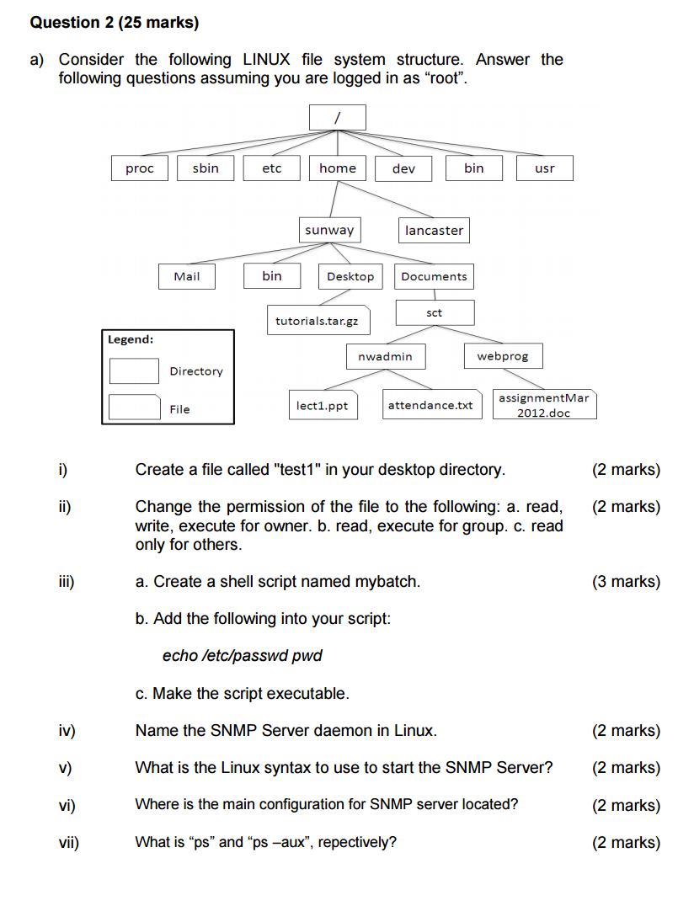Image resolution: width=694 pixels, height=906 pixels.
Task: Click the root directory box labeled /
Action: [337, 118]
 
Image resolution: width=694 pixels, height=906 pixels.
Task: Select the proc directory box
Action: [140, 168]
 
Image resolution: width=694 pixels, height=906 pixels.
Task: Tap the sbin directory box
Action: [206, 168]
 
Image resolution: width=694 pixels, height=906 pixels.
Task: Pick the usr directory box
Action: [545, 168]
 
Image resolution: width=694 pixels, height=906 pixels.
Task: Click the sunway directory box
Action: [329, 230]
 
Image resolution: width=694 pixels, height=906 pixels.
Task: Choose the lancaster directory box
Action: [434, 231]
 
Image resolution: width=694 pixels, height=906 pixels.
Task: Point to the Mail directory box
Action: [187, 276]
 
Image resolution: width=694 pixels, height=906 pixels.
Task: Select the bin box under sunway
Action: [272, 276]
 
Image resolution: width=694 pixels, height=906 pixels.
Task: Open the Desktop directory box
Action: [350, 276]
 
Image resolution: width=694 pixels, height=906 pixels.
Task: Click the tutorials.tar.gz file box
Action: [317, 321]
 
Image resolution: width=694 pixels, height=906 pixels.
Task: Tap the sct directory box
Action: [435, 313]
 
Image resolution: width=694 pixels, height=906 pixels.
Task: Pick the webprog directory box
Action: [503, 356]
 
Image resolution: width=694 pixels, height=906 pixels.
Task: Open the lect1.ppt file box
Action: [323, 406]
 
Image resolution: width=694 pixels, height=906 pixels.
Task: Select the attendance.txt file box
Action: [430, 406]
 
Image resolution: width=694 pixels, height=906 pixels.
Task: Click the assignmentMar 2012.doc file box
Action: [543, 404]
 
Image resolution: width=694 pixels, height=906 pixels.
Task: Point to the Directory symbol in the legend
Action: [135, 371]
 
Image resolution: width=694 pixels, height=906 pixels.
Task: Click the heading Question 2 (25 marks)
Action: [115, 23]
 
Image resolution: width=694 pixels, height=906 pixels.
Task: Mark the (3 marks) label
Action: [626, 582]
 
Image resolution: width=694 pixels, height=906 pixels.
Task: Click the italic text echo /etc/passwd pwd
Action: [242, 656]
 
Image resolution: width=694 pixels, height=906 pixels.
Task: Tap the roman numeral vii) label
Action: [68, 842]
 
